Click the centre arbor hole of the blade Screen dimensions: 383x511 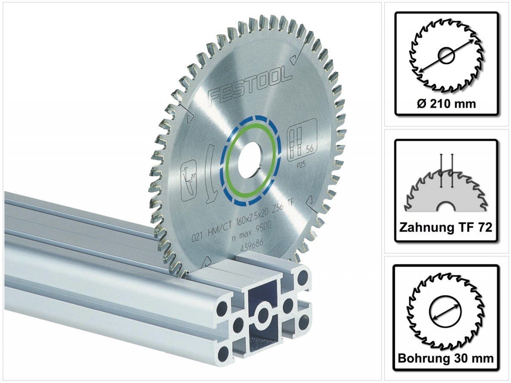pos(248,163)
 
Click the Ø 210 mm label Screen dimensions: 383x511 pos(446,103)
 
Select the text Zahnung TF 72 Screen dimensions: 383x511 pos(446,228)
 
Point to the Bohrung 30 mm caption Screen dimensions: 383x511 pos(446,358)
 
